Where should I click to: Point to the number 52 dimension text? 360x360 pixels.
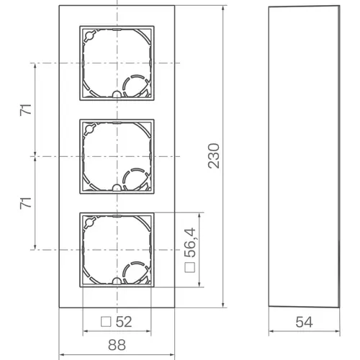(x=124, y=321)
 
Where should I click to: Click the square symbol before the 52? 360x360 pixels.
(x=105, y=321)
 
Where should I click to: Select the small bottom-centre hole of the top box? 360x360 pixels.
(x=116, y=95)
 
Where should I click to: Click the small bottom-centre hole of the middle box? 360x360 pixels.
(x=116, y=189)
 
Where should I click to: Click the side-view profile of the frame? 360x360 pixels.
(x=302, y=155)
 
